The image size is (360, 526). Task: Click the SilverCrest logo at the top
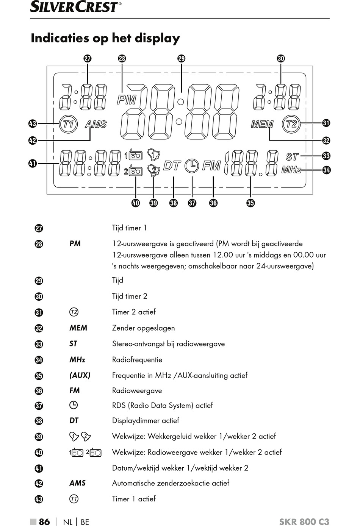click(x=76, y=6)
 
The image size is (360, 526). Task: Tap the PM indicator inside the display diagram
click(x=127, y=100)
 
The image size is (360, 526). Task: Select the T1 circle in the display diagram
click(x=68, y=124)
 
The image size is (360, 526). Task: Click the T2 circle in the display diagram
click(x=291, y=124)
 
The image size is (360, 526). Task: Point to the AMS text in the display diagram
click(x=96, y=124)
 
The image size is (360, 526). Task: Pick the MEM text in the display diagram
click(x=262, y=124)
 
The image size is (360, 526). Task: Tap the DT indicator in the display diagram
click(x=172, y=165)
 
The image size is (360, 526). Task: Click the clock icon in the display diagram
click(x=192, y=166)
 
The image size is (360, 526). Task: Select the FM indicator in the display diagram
click(x=211, y=165)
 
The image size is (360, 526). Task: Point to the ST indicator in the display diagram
click(x=292, y=157)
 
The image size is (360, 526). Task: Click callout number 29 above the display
click(x=182, y=58)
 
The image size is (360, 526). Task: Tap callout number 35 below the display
click(x=250, y=203)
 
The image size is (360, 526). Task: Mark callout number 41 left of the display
click(x=33, y=163)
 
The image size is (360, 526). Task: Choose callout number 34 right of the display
click(x=326, y=170)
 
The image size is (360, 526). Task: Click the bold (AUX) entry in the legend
click(x=80, y=375)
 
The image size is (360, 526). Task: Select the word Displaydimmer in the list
click(x=136, y=420)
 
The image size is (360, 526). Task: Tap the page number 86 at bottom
click(x=44, y=521)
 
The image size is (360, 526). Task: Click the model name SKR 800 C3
click(x=304, y=521)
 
